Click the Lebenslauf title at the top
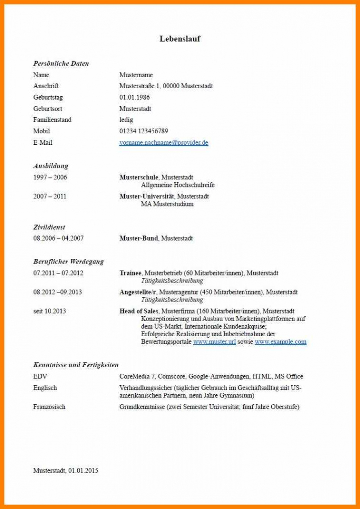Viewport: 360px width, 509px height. tap(180, 39)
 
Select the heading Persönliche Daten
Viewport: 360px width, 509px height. tap(61, 64)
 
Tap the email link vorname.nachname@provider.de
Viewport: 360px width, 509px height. tap(163, 143)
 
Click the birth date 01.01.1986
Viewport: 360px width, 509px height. tap(134, 97)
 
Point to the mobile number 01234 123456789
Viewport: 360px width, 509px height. tap(143, 131)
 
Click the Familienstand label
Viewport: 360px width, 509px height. tap(52, 120)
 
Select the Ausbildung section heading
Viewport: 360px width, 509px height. tap(51, 166)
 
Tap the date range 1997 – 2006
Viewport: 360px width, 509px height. tap(50, 177)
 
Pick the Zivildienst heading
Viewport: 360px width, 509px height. tap(49, 227)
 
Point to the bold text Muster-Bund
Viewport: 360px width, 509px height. tap(138, 238)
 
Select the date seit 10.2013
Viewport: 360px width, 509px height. tap(50, 311)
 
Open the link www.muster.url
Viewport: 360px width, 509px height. tap(214, 342)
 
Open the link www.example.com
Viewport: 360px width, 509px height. tap(280, 342)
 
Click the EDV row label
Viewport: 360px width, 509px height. tap(40, 376)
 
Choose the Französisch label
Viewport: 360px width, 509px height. tap(49, 407)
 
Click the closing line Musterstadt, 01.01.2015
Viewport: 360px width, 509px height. tap(66, 471)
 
